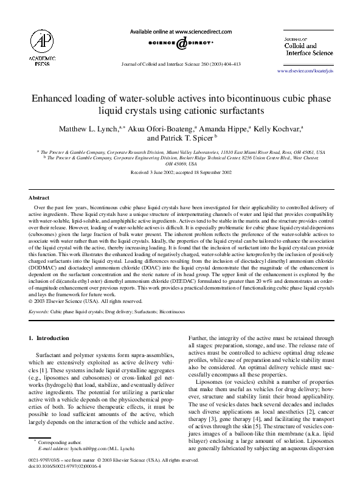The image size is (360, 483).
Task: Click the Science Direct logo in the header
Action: point(181,44)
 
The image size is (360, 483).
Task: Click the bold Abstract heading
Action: point(40,198)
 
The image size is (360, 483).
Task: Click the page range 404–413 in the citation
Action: point(229,64)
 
